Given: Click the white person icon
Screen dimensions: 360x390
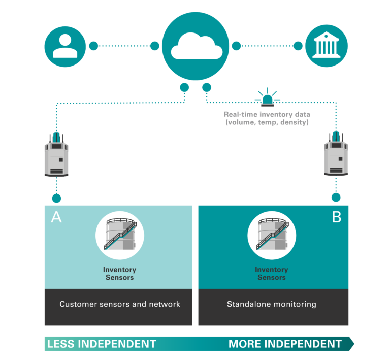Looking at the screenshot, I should pos(65,46).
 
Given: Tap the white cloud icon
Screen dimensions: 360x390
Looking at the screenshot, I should pos(197,46).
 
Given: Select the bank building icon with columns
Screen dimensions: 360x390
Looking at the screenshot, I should pos(327,46).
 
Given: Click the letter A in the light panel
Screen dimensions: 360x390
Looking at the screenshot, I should pos(56,217).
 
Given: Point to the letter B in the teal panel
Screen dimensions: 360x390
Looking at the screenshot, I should pos(337,217).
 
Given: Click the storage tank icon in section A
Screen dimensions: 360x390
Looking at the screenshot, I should pos(120,235).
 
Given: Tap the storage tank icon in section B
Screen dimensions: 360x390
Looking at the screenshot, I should pos(272,235).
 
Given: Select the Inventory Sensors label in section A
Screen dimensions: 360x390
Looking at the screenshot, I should pos(120,274).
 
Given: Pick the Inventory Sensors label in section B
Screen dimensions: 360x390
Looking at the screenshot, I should pos(272,274).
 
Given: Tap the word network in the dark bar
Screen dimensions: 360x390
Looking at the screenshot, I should pos(164,304).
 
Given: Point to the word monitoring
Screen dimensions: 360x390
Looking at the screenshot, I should pos(294,304).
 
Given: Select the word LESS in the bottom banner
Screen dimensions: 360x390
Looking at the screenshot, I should pos(61,344).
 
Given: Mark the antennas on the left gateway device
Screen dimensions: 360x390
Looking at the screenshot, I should pos(57,137).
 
